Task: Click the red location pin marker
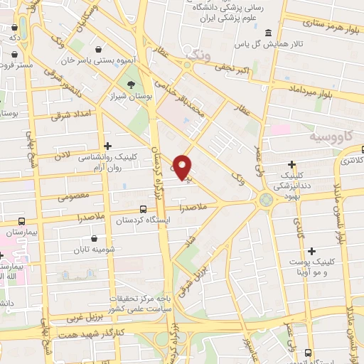(183, 166)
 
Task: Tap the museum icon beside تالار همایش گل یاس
(268, 33)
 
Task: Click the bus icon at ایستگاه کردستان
(144, 210)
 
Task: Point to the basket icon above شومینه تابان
(95, 238)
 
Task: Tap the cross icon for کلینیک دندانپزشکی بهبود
(292, 164)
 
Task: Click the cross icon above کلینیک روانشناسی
(107, 146)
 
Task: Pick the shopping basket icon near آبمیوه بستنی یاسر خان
(97, 48)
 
